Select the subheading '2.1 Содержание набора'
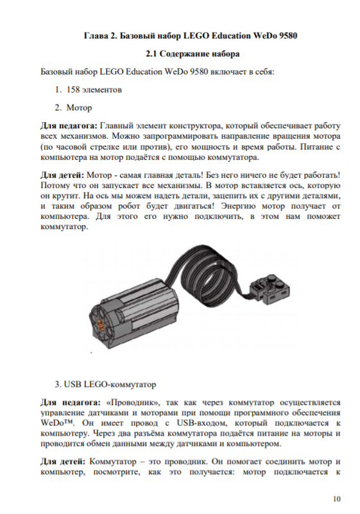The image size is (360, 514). coord(193,54)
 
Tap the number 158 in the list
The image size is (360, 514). coord(73,89)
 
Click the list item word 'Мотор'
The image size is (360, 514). coord(79,108)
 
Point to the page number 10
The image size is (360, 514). coord(337,499)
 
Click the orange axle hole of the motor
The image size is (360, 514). coord(101,325)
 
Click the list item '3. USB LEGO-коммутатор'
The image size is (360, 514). coord(105,384)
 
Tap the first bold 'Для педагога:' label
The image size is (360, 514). coord(69,126)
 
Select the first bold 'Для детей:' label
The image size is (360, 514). coord(62,175)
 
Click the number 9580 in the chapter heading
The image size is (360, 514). coord(288,35)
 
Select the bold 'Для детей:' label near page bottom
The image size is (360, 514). coord(63,461)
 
